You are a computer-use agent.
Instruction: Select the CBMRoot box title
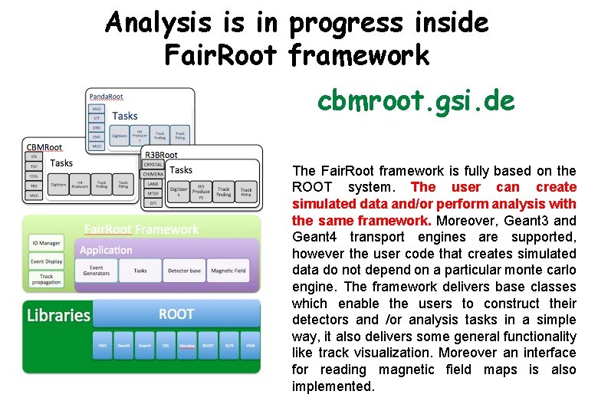tap(44, 147)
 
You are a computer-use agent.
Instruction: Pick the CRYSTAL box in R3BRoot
tap(153, 165)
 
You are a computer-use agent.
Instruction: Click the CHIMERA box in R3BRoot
tap(153, 174)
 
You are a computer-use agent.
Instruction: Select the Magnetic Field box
tap(228, 270)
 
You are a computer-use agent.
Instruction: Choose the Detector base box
tap(185, 270)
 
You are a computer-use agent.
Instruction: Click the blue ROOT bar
tap(176, 314)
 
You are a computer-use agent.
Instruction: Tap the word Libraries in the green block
tap(58, 315)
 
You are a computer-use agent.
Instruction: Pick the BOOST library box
tap(209, 346)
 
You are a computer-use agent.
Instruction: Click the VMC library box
tap(102, 346)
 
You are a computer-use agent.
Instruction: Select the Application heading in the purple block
tap(106, 250)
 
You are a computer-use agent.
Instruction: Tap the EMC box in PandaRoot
tap(97, 136)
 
